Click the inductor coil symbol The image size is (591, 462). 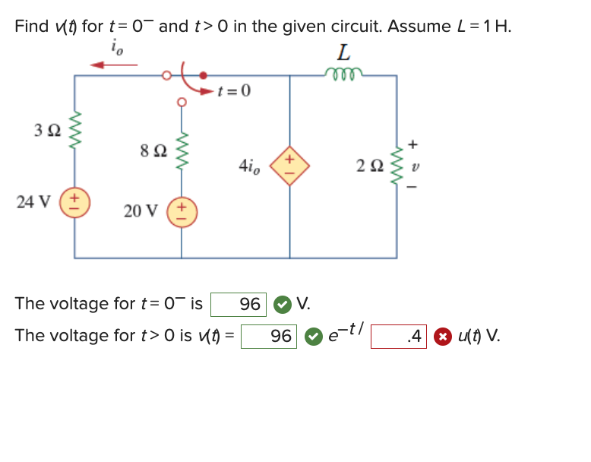tap(343, 73)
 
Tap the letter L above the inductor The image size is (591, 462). tap(344, 52)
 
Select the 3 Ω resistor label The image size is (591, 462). tap(46, 130)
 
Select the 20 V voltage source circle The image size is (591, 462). tap(181, 210)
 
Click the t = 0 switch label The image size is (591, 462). tap(233, 92)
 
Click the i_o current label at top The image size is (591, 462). tap(115, 48)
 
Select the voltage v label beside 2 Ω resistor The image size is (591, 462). tap(414, 163)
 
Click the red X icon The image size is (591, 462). tap(441, 335)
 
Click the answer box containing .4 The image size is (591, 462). tap(400, 335)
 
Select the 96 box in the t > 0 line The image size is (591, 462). tap(270, 335)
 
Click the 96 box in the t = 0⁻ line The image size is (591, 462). tap(239, 305)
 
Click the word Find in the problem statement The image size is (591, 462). tap(31, 26)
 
